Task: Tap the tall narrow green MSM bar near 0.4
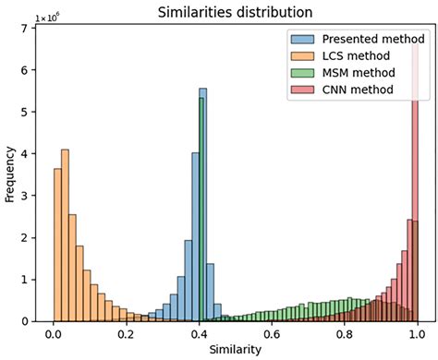201,212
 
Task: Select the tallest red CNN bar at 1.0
416,185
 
